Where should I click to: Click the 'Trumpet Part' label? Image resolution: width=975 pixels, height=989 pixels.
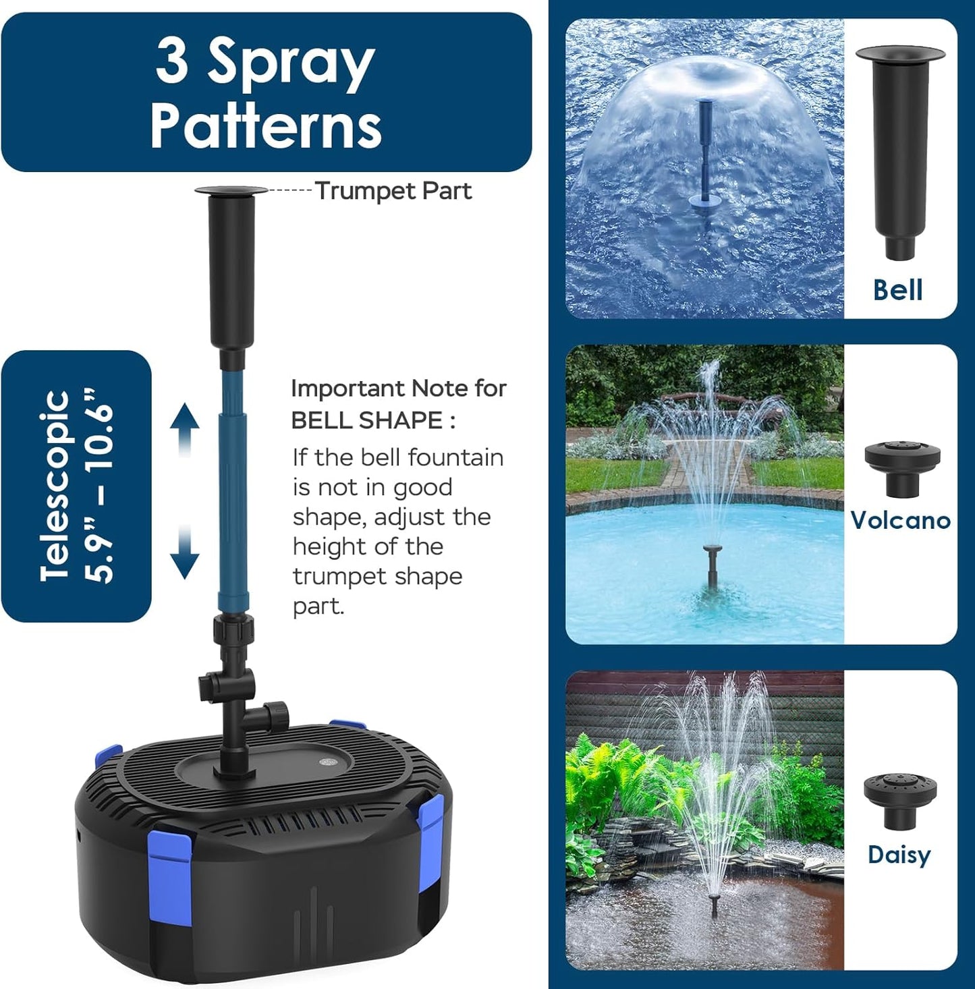(393, 191)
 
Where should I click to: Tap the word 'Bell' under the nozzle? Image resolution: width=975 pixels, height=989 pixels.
(897, 290)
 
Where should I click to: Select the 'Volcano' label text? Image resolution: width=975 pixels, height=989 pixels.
(900, 520)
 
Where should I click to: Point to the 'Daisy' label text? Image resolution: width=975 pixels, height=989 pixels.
(899, 855)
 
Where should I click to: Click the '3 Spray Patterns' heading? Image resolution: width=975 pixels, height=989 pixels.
(266, 93)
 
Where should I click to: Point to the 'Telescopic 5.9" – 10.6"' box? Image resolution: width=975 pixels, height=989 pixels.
(76, 486)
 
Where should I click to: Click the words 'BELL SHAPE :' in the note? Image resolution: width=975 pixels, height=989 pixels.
(373, 420)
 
